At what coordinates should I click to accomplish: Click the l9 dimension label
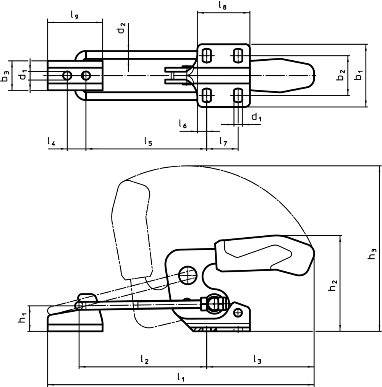pyautogui.click(x=74, y=16)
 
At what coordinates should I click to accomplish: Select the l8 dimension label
pyautogui.click(x=223, y=5)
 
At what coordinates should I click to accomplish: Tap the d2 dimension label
pyautogui.click(x=122, y=29)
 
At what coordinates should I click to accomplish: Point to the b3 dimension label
pyautogui.click(x=5, y=76)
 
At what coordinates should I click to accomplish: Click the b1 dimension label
pyautogui.click(x=359, y=75)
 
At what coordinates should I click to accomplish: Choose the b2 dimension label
pyautogui.click(x=341, y=75)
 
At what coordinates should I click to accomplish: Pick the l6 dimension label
pyautogui.click(x=183, y=123)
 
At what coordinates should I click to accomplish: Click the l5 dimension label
pyautogui.click(x=148, y=141)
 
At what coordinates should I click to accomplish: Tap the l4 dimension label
pyautogui.click(x=51, y=141)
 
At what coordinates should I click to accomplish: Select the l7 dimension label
pyautogui.click(x=223, y=141)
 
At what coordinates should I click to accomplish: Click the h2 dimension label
pyautogui.click(x=333, y=285)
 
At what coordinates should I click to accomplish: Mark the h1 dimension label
pyautogui.click(x=23, y=317)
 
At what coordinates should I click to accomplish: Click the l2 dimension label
pyautogui.click(x=144, y=359)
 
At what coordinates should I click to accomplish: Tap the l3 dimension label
pyautogui.click(x=257, y=359)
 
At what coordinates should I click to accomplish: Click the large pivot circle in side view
pyautogui.click(x=188, y=274)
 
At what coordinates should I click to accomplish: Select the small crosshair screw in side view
pyautogui.click(x=239, y=312)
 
